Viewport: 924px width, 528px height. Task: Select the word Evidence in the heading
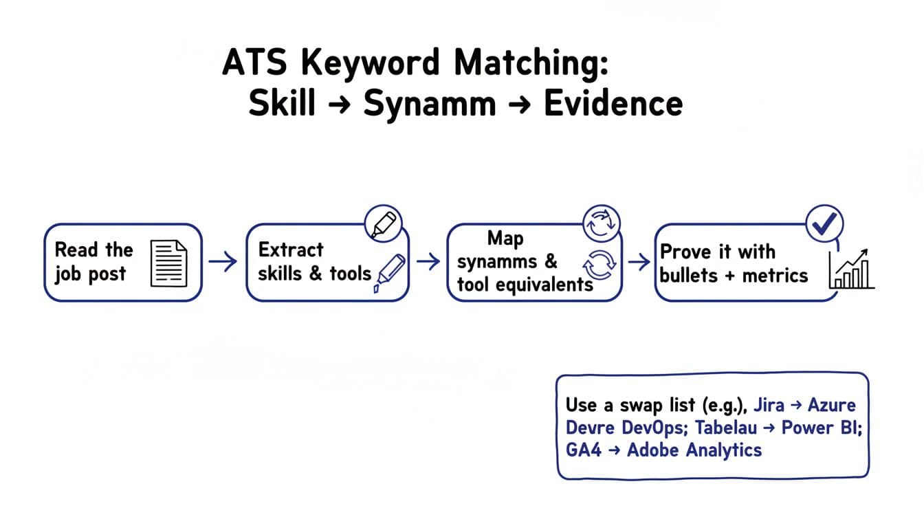tap(613, 104)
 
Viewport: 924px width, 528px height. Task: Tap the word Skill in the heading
tap(282, 104)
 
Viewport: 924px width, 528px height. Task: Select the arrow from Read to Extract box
tap(223, 261)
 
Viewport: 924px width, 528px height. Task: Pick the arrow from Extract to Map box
tap(428, 261)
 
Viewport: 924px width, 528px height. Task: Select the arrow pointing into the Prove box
tap(639, 261)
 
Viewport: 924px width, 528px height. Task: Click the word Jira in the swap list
tap(769, 404)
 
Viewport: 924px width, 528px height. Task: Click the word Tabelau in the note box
tap(725, 427)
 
